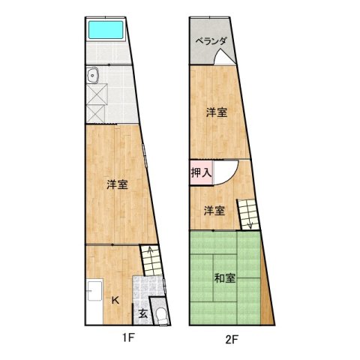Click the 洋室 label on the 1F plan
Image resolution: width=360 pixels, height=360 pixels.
tap(115, 184)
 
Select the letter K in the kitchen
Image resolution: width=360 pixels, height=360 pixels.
tap(115, 299)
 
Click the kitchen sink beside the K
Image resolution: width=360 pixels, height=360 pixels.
tap(94, 293)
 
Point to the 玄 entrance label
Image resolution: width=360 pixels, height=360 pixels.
tap(142, 313)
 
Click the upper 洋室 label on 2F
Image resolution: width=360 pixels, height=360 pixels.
tap(217, 112)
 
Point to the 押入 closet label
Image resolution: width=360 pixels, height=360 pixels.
tap(201, 172)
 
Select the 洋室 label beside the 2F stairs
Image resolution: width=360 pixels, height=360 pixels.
tap(214, 211)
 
